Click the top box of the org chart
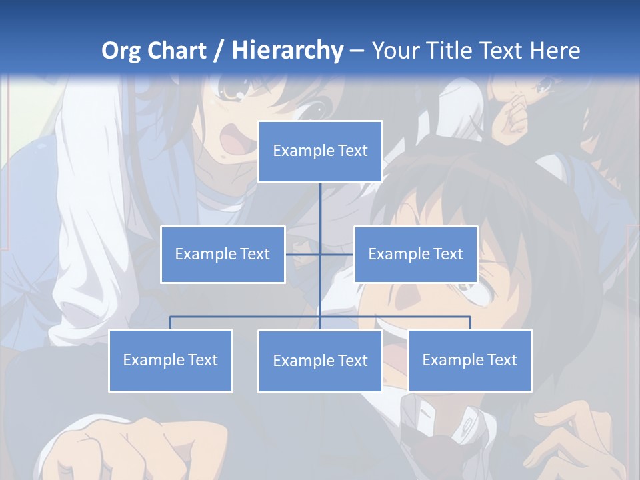(x=320, y=151)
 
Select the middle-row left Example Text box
(x=223, y=254)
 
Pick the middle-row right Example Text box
(x=415, y=254)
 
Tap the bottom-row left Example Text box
(x=170, y=360)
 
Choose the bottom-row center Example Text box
(x=320, y=361)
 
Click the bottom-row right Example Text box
(x=470, y=360)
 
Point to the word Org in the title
(x=120, y=51)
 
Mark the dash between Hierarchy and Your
(x=357, y=51)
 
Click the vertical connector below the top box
(x=320, y=207)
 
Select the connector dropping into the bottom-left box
(x=170, y=323)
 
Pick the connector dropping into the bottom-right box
(x=470, y=323)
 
